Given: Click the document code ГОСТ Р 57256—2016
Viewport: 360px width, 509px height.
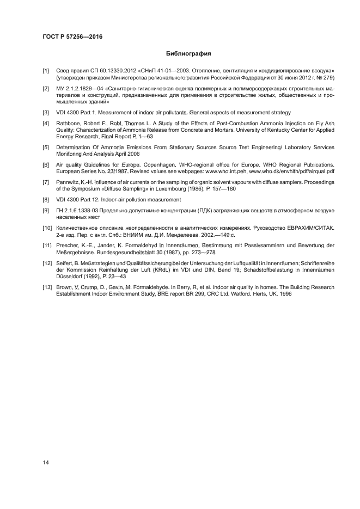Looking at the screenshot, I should (x=72, y=37).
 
